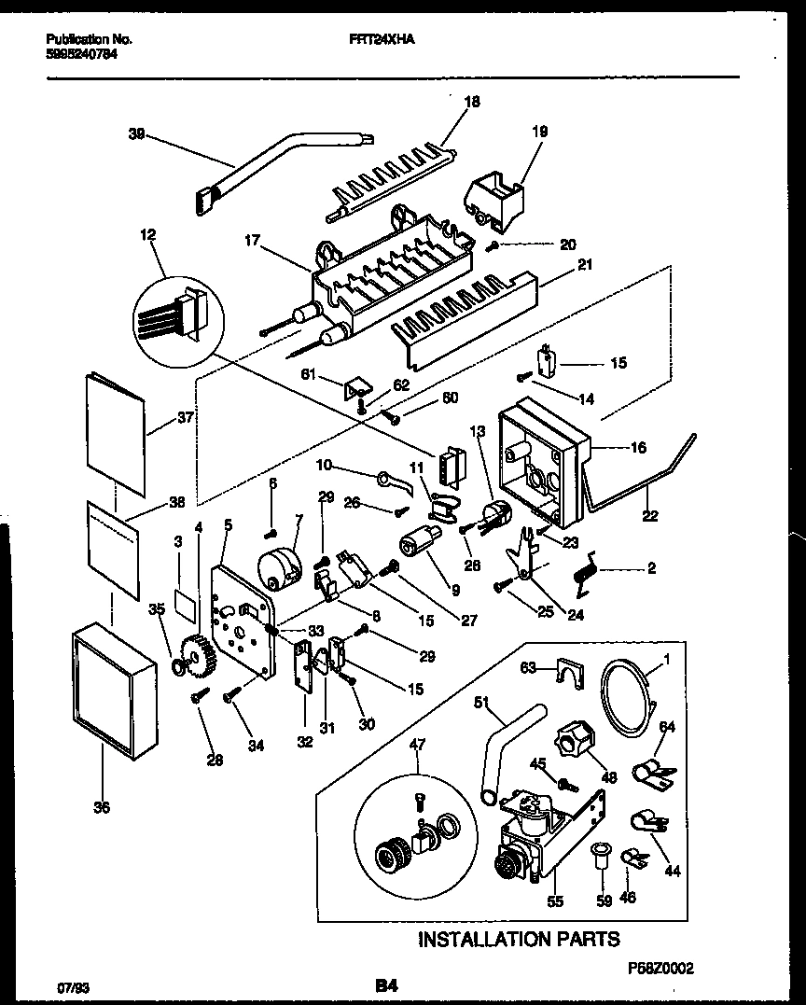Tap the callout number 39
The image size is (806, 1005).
click(x=136, y=133)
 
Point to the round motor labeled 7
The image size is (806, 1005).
click(x=277, y=567)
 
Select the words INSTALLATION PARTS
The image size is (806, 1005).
click(x=518, y=938)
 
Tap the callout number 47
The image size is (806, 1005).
click(x=416, y=743)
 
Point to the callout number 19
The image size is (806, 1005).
click(x=540, y=133)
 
